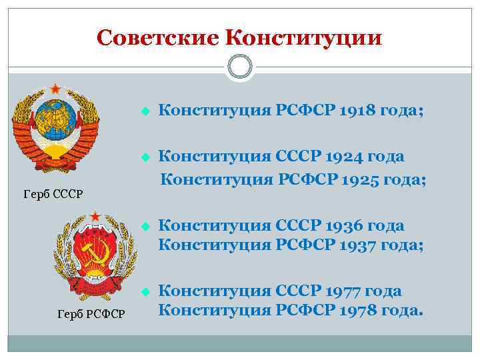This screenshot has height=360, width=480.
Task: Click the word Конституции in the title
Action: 304,37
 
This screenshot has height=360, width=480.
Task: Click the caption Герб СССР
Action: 53,194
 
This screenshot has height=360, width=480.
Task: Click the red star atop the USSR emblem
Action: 55,88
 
